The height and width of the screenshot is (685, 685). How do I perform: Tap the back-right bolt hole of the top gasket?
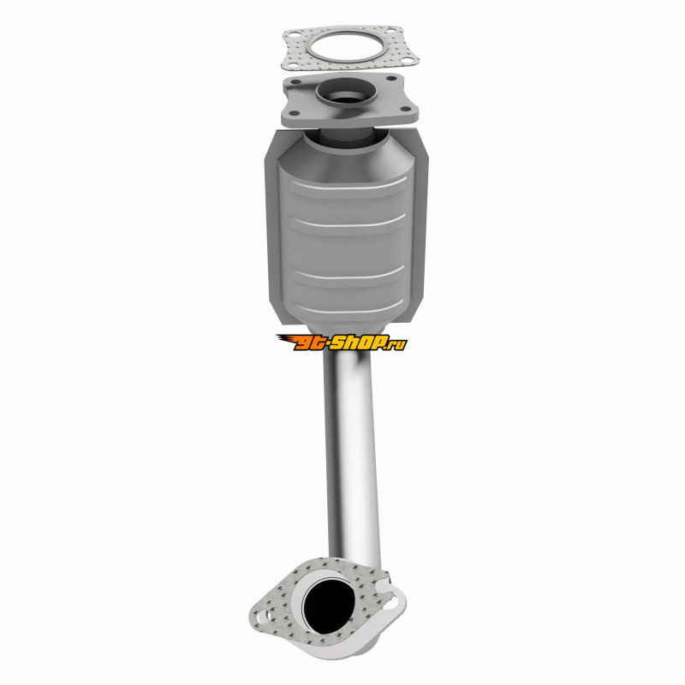pyautogui.click(x=390, y=31)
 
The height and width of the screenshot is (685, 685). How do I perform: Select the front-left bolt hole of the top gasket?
pyautogui.click(x=293, y=65)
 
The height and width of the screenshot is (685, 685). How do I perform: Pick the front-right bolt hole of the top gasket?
pyautogui.click(x=406, y=60)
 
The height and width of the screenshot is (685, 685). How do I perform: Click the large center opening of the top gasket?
pyautogui.click(x=348, y=47)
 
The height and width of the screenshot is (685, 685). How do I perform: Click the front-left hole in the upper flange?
pyautogui.click(x=293, y=114)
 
